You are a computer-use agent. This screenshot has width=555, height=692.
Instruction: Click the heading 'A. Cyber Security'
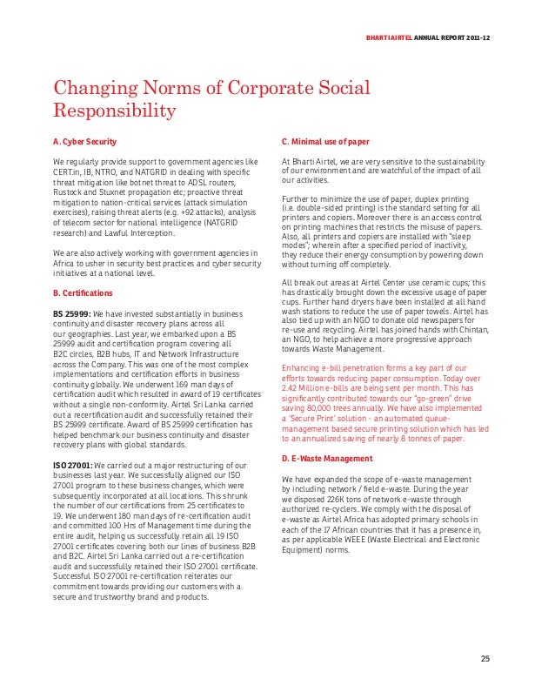pos(85,140)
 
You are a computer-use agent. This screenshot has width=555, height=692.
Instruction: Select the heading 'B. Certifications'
pos(83,292)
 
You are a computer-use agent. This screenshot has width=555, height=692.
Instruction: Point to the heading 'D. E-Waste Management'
pos(326,458)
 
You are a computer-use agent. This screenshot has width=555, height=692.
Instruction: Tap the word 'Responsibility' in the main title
pos(116,111)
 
